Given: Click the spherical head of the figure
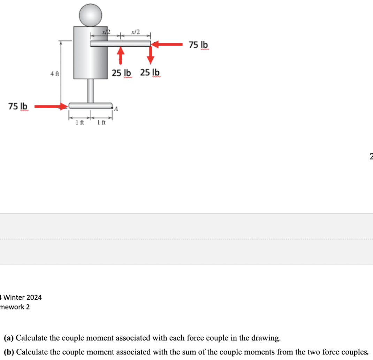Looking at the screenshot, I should point(90,15).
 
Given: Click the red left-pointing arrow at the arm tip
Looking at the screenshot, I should point(167,44).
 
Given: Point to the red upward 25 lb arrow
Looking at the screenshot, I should point(120,56).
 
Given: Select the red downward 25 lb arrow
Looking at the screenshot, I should point(151,56).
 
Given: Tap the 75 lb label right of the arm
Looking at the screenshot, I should point(198,45).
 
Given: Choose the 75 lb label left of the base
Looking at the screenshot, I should point(18,106).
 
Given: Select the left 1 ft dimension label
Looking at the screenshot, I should point(80,122).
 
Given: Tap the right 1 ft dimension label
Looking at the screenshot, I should point(102,122).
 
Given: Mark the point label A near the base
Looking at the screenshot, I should point(116,109).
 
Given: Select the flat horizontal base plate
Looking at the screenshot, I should point(90,105).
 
